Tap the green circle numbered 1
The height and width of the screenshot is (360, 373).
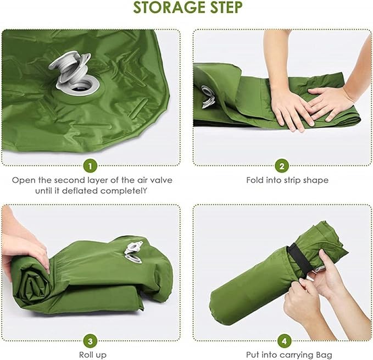[x=91, y=165]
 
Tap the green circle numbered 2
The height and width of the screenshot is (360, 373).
[x=282, y=165]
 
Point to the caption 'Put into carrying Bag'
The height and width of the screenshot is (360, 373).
[x=282, y=355]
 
